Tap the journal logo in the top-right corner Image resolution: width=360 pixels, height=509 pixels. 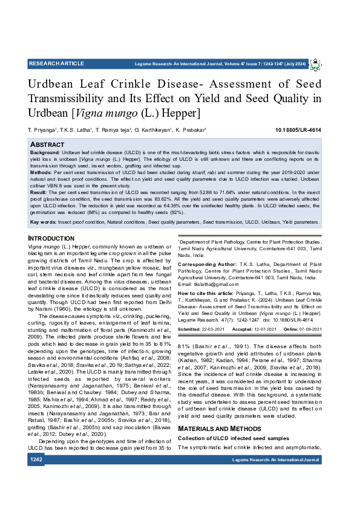(316, 64)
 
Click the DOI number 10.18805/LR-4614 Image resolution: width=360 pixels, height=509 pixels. (298, 130)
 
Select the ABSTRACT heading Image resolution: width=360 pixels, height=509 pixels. (47, 145)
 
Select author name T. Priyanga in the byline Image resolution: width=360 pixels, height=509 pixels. (42, 130)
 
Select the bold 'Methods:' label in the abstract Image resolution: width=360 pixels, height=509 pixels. (42, 172)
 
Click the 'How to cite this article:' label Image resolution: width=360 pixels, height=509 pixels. (204, 292)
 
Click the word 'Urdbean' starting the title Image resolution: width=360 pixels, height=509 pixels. (58, 84)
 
